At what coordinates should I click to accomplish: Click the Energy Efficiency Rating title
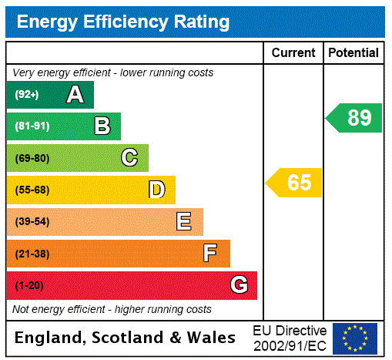click(123, 22)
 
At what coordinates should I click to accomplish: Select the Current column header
click(293, 53)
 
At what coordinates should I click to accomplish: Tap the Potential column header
click(353, 53)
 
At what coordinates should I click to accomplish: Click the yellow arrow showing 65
click(294, 183)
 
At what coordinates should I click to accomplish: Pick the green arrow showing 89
click(354, 118)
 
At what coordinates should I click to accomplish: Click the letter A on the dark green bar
click(75, 95)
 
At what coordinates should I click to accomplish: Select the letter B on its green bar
click(102, 126)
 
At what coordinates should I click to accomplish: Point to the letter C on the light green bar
click(129, 158)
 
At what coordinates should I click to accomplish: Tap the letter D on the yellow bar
click(156, 190)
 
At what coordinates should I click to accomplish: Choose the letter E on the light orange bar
click(184, 222)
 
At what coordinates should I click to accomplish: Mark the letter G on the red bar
click(239, 285)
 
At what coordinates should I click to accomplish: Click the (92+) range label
click(26, 95)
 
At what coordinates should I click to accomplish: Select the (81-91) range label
click(32, 126)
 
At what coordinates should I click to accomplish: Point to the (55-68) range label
click(32, 190)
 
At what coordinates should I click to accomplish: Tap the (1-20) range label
click(29, 285)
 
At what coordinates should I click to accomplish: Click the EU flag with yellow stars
click(355, 338)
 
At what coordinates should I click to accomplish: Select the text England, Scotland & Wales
click(126, 338)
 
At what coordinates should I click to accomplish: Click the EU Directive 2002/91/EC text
click(290, 338)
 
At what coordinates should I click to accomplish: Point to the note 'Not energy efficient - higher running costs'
click(112, 309)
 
